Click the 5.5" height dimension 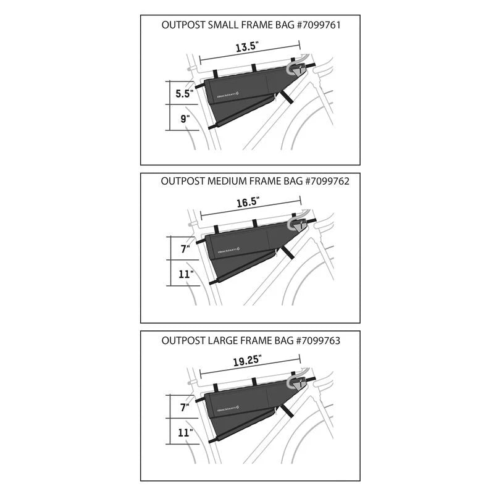pos(184,93)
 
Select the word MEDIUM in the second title pos(233,182)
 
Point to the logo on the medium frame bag pos(228,251)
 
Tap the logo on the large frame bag pos(228,408)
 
